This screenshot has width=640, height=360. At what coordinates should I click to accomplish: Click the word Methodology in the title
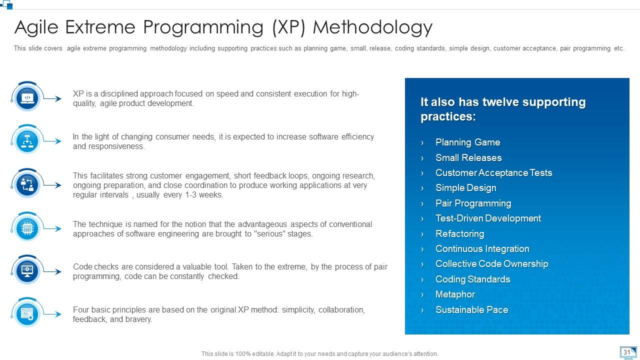pyautogui.click(x=372, y=27)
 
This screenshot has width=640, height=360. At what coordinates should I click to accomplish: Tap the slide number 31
pyautogui.click(x=626, y=352)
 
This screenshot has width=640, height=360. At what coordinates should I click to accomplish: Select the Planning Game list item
pyautogui.click(x=467, y=142)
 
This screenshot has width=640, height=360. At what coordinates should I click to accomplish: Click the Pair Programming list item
pyautogui.click(x=473, y=203)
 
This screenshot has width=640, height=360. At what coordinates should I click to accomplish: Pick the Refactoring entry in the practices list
pyautogui.click(x=459, y=233)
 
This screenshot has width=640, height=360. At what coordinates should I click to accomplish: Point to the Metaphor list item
pyautogui.click(x=455, y=294)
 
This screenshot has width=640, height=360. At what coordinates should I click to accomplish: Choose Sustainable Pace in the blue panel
pyautogui.click(x=471, y=309)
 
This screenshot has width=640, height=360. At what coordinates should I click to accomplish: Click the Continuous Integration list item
pyautogui.click(x=482, y=249)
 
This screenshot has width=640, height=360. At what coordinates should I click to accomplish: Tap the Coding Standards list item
pyautogui.click(x=472, y=279)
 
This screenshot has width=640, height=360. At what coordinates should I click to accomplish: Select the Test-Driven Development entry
pyautogui.click(x=488, y=218)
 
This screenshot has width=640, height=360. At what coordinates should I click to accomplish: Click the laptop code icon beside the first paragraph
pyautogui.click(x=27, y=98)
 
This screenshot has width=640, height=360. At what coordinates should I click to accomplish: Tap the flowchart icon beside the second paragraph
pyautogui.click(x=27, y=141)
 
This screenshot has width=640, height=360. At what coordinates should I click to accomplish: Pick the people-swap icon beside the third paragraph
pyautogui.click(x=27, y=185)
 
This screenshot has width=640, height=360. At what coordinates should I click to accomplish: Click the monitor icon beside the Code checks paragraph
pyautogui.click(x=27, y=271)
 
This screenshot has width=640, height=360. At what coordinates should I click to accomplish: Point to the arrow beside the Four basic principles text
pyautogui.click(x=52, y=314)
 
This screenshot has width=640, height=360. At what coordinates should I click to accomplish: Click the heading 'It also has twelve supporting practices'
pyautogui.click(x=503, y=109)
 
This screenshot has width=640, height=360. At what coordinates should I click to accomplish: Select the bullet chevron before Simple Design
pyautogui.click(x=422, y=188)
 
